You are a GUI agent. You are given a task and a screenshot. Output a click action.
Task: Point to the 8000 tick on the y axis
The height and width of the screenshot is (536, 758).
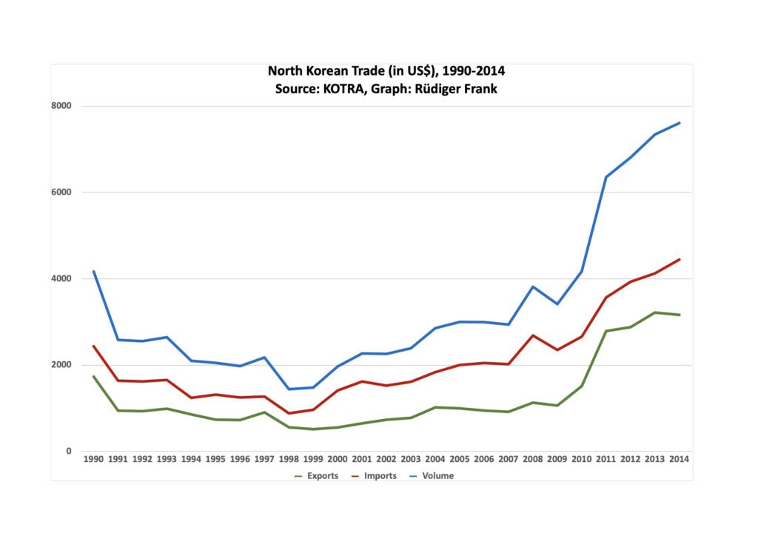point(61,106)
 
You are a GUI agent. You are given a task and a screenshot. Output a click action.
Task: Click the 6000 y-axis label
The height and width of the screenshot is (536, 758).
point(61,192)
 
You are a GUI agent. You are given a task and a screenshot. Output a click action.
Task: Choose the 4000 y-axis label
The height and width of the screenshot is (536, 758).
point(61,279)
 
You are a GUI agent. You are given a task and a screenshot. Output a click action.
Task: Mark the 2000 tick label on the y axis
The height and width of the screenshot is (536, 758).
point(61,365)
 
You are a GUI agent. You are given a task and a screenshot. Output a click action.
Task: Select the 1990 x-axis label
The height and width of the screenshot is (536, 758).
point(93,460)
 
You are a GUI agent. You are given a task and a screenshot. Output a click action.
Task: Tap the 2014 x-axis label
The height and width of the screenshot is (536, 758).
point(680,460)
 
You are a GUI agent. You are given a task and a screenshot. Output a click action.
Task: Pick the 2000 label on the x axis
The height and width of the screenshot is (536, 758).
point(338,460)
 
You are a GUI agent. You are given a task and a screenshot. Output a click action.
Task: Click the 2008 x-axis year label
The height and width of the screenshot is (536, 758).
point(533,460)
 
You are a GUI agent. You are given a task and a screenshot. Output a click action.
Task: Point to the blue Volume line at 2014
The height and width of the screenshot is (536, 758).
point(680,123)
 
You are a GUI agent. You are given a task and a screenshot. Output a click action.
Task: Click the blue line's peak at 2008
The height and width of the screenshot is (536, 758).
point(533,287)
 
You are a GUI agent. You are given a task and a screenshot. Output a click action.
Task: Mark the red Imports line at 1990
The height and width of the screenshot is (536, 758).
point(93,346)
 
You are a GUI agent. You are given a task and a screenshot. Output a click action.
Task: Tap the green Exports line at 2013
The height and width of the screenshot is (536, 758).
point(655,312)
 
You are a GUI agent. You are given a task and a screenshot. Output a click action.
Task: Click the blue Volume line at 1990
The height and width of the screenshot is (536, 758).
point(93,271)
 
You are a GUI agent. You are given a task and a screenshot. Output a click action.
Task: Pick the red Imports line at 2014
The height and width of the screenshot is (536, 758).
point(680,259)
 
